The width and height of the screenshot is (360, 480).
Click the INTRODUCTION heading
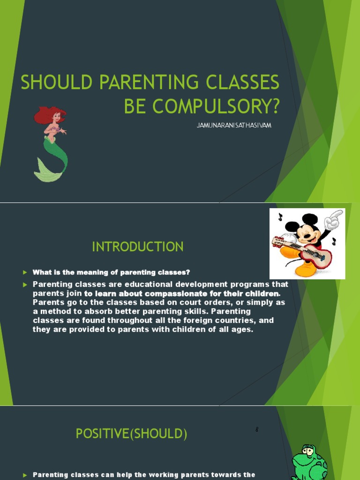point(137,247)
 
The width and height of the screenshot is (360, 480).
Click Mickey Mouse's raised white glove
point(334,219)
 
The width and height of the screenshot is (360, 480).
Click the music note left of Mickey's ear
point(280,217)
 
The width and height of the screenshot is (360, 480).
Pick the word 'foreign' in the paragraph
point(191,320)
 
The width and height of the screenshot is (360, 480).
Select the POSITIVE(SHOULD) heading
point(131,434)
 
